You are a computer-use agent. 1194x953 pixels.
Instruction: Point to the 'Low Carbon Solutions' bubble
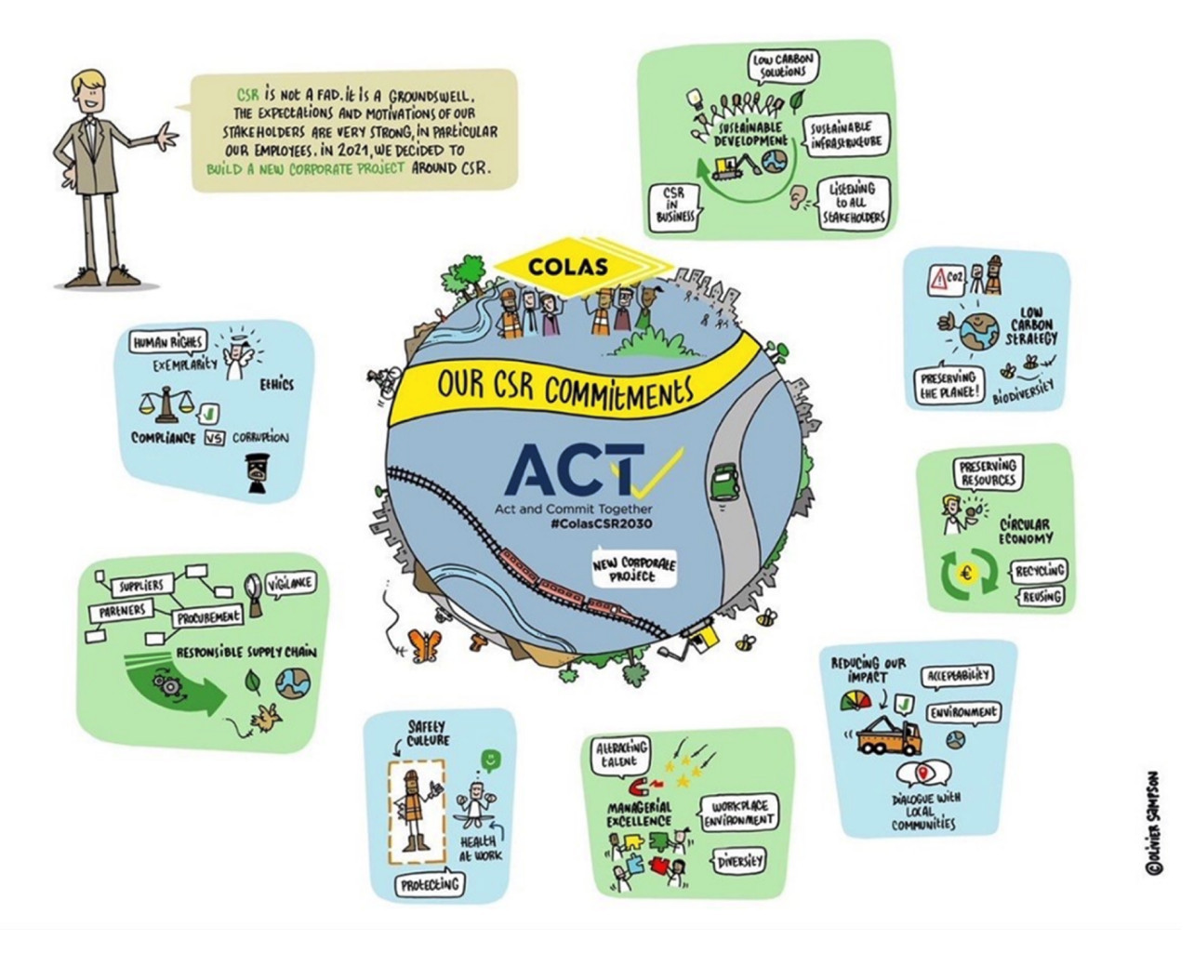(x=783, y=66)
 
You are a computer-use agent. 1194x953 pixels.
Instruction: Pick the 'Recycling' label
(x=1039, y=570)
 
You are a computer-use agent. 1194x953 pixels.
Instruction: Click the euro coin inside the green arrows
(x=968, y=574)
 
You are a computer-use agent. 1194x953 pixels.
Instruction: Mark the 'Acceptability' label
(x=957, y=677)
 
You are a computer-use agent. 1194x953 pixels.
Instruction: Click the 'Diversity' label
(x=740, y=861)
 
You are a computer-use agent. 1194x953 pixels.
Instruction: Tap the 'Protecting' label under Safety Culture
(x=430, y=884)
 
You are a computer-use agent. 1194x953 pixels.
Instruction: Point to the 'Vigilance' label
(x=290, y=583)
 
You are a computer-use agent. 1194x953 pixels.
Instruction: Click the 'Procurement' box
(x=207, y=615)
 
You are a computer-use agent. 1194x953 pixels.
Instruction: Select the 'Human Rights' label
(x=167, y=343)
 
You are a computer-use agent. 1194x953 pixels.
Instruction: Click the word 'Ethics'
(x=276, y=384)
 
